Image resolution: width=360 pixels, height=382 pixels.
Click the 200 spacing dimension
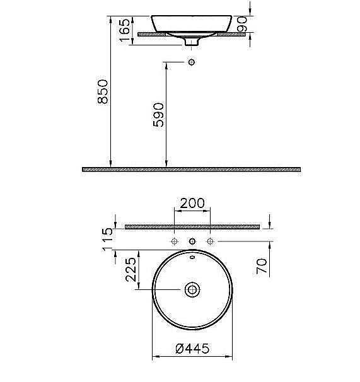[x=192, y=203]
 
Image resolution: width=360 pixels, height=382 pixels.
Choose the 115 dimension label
[x=107, y=240]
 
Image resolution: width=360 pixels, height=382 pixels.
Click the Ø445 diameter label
[x=192, y=349]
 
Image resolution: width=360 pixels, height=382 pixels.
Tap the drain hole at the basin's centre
[x=192, y=289]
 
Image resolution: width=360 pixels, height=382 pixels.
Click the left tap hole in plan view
[x=174, y=241]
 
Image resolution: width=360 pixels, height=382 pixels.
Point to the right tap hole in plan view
[x=211, y=241]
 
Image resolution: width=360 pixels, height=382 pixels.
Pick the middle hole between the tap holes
[x=192, y=241]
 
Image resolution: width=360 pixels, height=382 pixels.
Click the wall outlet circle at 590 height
[x=192, y=62]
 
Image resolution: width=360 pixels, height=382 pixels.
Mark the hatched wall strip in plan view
[x=192, y=226]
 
